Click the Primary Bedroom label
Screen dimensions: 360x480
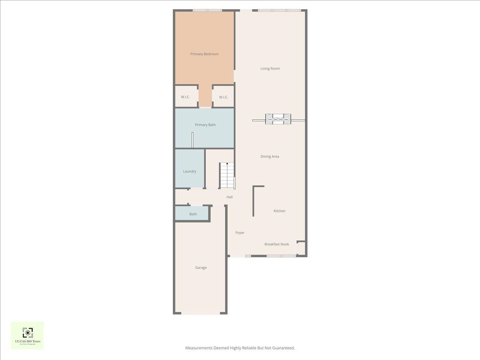204,54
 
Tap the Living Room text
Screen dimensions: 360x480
270,68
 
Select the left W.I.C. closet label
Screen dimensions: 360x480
185,97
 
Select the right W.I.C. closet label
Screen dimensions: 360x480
223,97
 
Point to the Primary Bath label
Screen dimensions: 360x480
205,125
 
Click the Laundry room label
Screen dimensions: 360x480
190,171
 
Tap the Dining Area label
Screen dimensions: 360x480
270,156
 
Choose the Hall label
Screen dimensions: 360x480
229,197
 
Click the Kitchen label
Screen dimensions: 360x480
279,211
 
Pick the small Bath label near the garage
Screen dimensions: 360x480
193,214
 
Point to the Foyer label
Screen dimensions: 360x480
240,232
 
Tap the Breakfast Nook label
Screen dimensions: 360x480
276,244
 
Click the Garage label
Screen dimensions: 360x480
201,268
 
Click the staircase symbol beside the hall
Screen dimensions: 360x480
227,176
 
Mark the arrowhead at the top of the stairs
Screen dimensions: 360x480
227,164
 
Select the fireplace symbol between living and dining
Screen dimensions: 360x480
278,119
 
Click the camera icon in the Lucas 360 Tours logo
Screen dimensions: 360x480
27,332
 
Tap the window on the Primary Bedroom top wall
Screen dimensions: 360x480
207,10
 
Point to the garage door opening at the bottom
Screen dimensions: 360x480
200,313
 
